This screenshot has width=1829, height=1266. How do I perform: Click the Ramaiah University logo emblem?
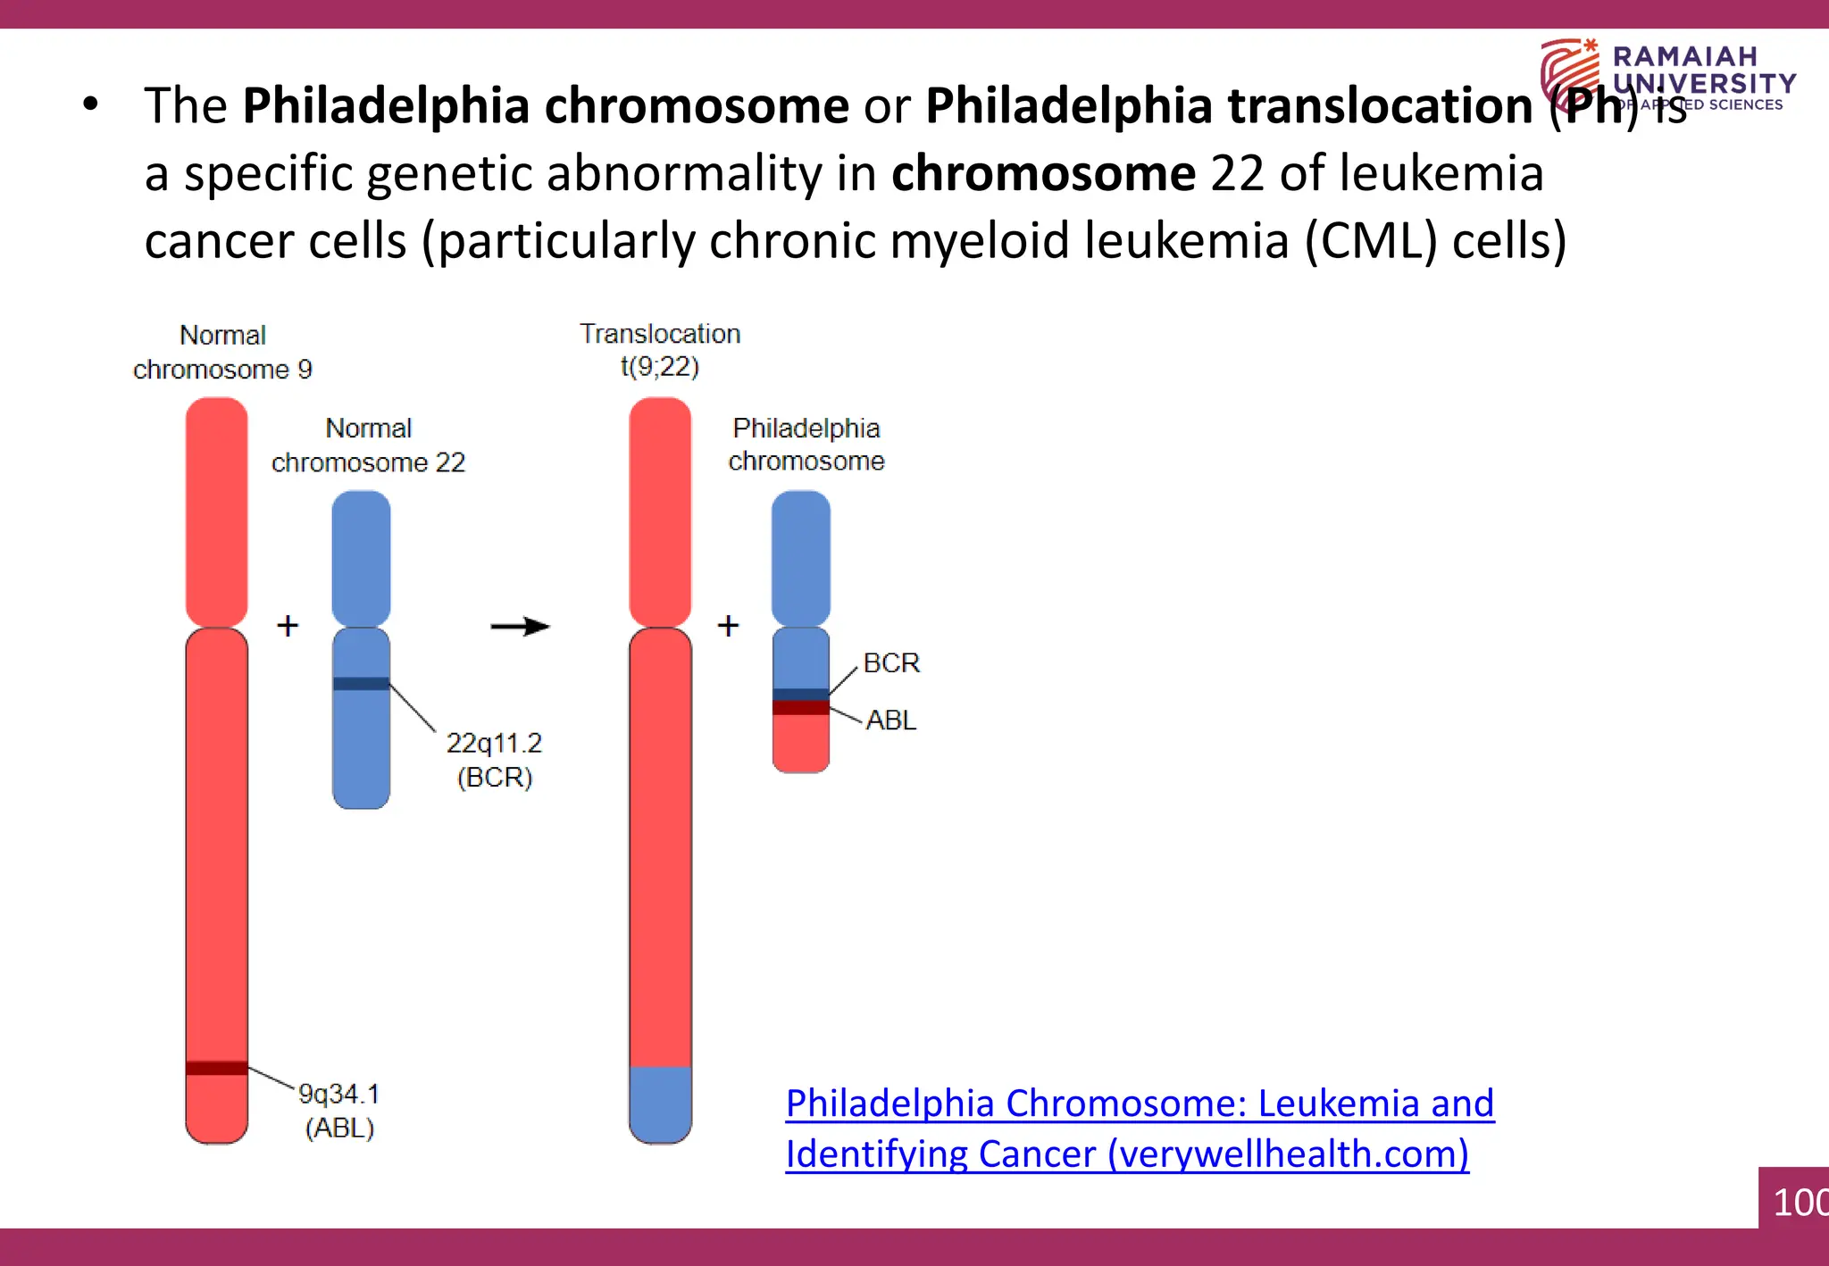(x=1570, y=73)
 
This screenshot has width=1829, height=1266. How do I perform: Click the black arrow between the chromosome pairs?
(x=520, y=626)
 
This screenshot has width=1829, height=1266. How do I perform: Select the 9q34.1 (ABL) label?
(x=339, y=1111)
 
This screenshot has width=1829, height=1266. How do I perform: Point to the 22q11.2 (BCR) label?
(x=494, y=760)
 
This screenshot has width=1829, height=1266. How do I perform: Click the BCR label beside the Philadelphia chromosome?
(x=891, y=663)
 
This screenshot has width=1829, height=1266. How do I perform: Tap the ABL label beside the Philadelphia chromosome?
(x=891, y=720)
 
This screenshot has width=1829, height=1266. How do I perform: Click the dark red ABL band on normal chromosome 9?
(x=216, y=1068)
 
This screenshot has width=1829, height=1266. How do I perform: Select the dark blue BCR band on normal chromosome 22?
(x=361, y=684)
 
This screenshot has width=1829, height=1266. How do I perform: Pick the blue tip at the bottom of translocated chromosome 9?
(x=660, y=1104)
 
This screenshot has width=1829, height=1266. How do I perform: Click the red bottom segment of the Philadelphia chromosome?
(x=800, y=744)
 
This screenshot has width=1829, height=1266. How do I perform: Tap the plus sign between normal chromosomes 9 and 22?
(x=288, y=626)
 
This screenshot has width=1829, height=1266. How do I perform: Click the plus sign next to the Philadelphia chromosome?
(x=729, y=626)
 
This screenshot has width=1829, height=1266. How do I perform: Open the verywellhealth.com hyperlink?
(x=1140, y=1129)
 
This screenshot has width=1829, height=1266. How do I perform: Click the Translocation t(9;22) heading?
(x=660, y=350)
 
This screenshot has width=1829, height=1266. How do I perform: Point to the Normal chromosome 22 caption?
(x=369, y=445)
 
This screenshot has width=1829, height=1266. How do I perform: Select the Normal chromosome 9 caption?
(x=222, y=352)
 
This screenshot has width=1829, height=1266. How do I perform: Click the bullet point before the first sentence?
(x=90, y=104)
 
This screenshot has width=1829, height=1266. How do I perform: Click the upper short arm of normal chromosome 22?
(x=361, y=558)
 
